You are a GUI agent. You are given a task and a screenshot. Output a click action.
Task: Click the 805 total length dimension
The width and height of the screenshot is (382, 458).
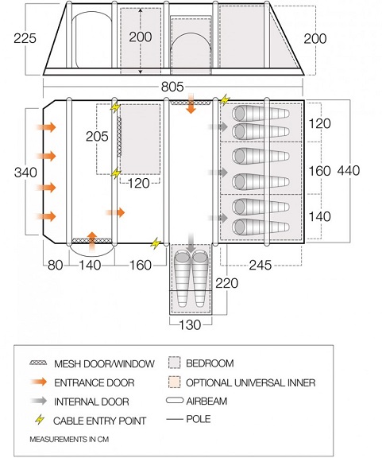pos(172,87)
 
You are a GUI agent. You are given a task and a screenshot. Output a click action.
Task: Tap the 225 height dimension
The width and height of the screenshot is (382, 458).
pos(25,38)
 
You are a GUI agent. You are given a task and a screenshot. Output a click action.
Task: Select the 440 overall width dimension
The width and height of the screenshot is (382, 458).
pos(349,171)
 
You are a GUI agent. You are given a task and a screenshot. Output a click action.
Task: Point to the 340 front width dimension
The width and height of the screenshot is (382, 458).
pos(25,173)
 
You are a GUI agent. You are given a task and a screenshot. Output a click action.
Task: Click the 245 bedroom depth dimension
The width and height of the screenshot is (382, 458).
pos(260,266)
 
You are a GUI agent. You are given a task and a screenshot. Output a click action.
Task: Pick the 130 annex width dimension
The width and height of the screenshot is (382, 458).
pos(190,324)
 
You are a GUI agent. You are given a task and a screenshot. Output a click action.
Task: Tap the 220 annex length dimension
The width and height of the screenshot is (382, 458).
pos(227,283)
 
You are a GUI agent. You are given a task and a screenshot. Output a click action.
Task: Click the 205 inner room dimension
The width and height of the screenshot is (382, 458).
pos(97,137)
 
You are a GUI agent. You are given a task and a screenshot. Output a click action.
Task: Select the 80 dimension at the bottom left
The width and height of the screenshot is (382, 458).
pos(55,266)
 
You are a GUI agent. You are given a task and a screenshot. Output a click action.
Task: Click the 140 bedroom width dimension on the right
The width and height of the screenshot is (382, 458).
pos(319,217)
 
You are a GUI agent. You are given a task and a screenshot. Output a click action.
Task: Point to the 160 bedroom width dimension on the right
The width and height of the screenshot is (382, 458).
pos(319,171)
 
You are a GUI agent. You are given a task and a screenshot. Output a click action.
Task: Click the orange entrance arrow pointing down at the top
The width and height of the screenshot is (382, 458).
pos(191,103)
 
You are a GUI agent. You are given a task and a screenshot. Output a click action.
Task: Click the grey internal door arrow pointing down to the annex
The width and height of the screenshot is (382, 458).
pos(191,243)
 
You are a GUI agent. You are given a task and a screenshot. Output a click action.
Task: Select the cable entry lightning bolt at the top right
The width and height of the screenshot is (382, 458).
pos(225,100)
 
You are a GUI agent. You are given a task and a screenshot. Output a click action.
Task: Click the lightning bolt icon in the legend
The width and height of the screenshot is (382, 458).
pos(40,420)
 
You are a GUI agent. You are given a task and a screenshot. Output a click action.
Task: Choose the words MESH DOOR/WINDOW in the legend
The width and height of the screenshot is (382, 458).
pos(104,363)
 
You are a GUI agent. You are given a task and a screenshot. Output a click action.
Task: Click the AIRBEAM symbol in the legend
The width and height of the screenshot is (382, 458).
pos(175,400)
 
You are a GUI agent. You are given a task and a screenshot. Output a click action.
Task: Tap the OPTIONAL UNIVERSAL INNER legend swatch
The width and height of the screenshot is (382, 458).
pos(175,382)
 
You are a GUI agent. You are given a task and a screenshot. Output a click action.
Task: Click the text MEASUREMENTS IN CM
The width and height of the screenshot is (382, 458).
pos(69,439)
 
